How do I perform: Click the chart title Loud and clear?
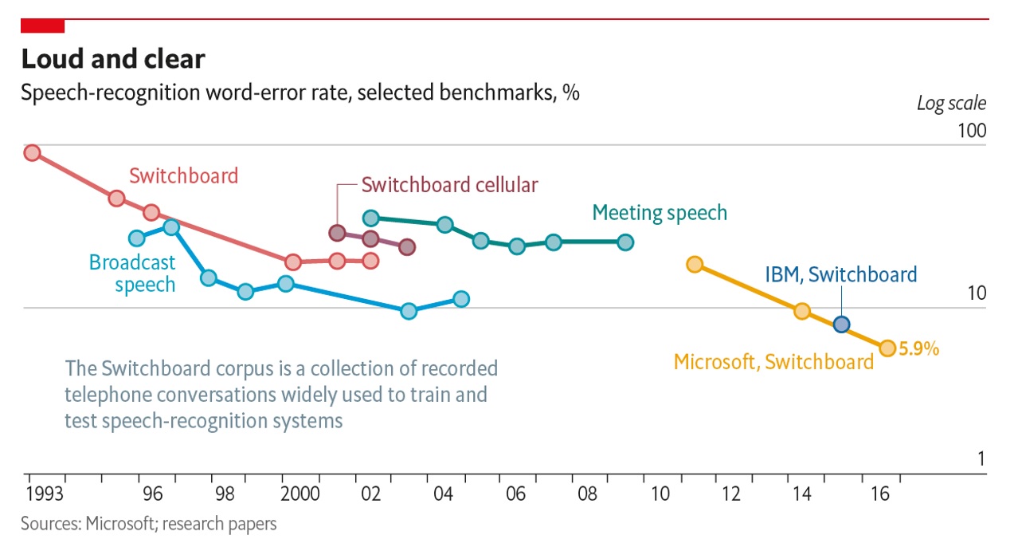click(x=112, y=59)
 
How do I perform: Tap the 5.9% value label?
click(x=919, y=348)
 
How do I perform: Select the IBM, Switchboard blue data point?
click(x=841, y=324)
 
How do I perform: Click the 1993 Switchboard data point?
click(x=32, y=152)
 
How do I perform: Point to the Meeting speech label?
click(x=660, y=213)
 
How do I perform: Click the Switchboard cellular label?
click(x=449, y=185)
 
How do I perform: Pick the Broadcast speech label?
click(x=132, y=273)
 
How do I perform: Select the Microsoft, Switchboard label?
click(x=773, y=362)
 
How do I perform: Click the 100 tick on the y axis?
click(x=970, y=131)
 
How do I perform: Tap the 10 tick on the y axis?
click(x=975, y=293)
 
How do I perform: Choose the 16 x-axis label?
click(x=879, y=494)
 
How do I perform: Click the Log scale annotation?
click(x=951, y=104)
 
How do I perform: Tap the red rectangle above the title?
click(x=42, y=26)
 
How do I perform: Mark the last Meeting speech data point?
click(x=625, y=242)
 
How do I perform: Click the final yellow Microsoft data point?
click(x=887, y=348)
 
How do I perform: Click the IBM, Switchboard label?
click(x=841, y=275)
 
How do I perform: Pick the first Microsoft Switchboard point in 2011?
click(x=695, y=265)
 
